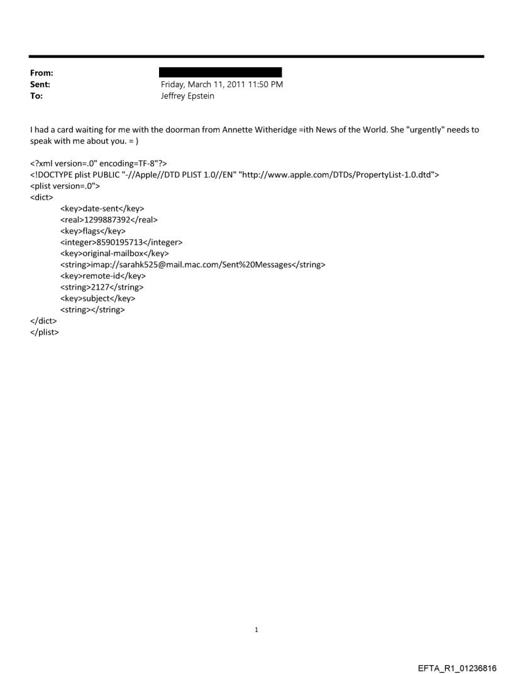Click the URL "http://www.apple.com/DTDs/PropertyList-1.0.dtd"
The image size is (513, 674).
point(335,174)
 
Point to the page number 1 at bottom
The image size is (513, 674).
point(256,629)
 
